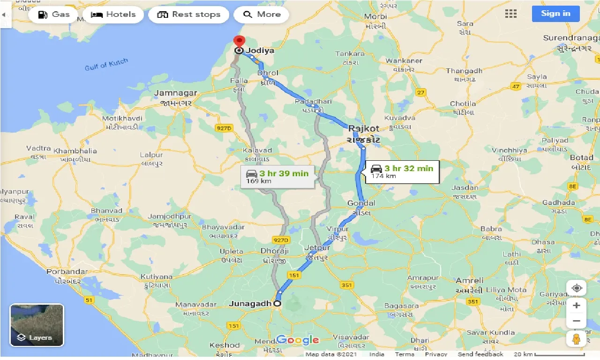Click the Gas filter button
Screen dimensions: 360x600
tap(53, 15)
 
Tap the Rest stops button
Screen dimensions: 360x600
tap(189, 15)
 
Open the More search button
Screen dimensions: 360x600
tap(262, 15)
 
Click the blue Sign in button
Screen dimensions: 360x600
tap(555, 14)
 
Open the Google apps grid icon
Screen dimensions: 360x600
tap(511, 14)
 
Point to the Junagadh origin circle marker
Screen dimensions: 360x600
tap(277, 304)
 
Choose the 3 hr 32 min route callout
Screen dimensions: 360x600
tap(402, 172)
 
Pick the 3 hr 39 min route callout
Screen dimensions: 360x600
tap(277, 177)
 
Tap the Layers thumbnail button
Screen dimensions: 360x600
tap(37, 325)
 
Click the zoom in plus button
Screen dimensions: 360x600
tap(577, 306)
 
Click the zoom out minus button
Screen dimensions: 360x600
tap(577, 321)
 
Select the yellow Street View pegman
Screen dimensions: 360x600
tap(577, 338)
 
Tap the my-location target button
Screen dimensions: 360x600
tap(577, 287)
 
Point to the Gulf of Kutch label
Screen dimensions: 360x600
tap(106, 65)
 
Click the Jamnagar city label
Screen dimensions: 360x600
tap(176, 93)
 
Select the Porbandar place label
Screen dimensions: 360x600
tap(67, 272)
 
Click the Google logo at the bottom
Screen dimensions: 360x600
tap(297, 340)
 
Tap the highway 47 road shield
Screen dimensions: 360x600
tap(516, 86)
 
